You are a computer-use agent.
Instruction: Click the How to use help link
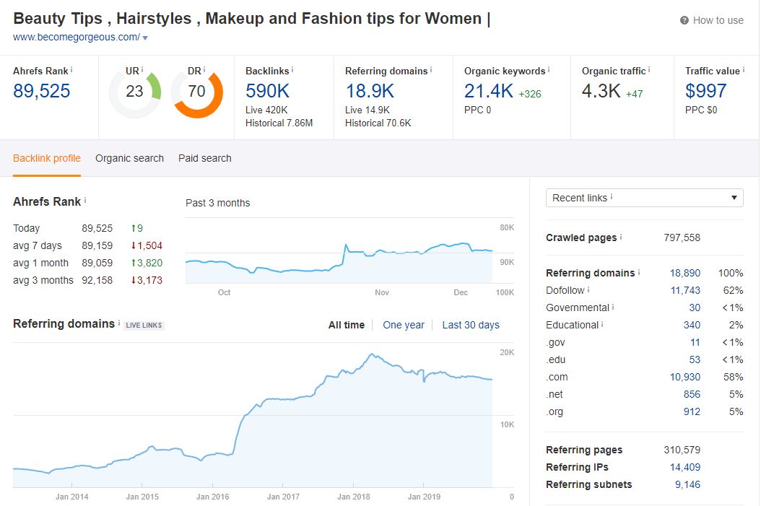[712, 20]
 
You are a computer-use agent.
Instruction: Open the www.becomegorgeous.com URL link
[77, 37]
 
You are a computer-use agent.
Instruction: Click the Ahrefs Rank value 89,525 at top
[42, 91]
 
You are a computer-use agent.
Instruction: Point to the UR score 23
[134, 91]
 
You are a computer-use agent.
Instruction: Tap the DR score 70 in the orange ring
[196, 91]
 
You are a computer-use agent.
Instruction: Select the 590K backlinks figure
[267, 91]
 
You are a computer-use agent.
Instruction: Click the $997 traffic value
[705, 91]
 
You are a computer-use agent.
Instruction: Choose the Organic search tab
[129, 158]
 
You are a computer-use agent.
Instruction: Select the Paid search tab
[205, 158]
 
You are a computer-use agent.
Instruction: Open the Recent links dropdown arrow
[734, 198]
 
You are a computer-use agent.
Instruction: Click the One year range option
[404, 325]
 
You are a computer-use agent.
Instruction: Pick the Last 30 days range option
[471, 325]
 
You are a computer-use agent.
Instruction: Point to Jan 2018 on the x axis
[353, 497]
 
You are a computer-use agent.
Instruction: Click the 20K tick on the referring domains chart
[507, 353]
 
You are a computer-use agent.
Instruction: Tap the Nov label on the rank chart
[382, 292]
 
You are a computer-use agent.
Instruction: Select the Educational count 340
[692, 325]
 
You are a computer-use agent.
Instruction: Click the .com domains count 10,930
[685, 377]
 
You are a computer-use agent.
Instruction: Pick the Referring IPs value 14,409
[685, 467]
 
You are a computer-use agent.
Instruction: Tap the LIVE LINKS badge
[144, 325]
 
